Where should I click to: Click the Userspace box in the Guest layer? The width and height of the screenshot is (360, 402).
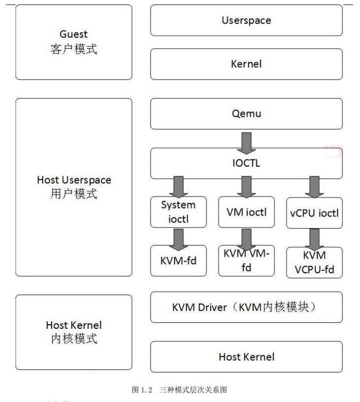pos(246,21)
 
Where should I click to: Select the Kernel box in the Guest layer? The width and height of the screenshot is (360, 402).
pos(246,64)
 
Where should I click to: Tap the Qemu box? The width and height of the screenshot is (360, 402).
pos(246,114)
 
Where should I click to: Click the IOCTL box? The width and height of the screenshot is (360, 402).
pos(246,163)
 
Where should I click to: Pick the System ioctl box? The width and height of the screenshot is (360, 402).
pos(178,212)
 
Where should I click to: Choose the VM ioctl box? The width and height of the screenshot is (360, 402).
pos(246,212)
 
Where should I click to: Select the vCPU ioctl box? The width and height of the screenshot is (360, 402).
pos(314,213)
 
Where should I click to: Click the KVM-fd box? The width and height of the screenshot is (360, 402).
pos(178,261)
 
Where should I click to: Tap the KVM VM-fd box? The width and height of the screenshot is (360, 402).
pos(246,261)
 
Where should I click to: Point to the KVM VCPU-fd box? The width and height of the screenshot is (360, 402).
pos(314,263)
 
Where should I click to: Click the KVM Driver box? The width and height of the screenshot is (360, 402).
pos(246,307)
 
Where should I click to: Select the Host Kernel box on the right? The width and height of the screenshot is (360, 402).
pos(246,357)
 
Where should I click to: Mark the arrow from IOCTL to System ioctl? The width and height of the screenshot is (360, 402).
pos(178,186)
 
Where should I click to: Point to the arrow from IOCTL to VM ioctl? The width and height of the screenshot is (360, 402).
pos(246,186)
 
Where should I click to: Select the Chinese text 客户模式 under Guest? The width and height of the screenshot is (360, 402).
pos(74,51)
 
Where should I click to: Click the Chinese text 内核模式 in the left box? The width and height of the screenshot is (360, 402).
pos(74,339)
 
